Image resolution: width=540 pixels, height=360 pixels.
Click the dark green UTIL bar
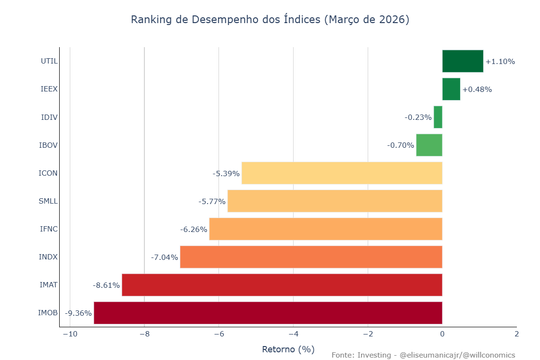coord(463,61)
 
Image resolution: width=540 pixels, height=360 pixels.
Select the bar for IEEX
coord(451,89)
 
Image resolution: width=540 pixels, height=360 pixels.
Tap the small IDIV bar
coord(438,117)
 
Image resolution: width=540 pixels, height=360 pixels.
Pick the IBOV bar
coord(429,145)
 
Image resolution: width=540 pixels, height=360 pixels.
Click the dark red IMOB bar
coord(268,313)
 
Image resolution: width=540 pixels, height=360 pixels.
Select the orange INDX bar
coord(311,257)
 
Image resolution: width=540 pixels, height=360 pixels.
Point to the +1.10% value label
coord(500,62)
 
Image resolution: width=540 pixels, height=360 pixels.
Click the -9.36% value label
coord(78,313)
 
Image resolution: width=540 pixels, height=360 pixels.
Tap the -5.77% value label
coord(212,201)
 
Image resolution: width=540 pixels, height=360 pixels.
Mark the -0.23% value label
coord(418,117)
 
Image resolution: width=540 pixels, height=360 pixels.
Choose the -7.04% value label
coord(164,257)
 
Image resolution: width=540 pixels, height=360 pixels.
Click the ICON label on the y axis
coord(48,173)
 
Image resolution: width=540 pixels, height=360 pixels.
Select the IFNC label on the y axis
coord(49,229)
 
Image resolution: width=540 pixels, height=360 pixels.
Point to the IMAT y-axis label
coord(49,285)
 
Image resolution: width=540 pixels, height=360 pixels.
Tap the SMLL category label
coord(48,201)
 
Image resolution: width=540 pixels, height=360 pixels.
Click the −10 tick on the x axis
coord(69,334)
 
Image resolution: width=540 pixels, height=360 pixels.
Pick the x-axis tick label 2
coord(516,334)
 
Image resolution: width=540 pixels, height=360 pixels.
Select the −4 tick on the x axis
coord(293,334)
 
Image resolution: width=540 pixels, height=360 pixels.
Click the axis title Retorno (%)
coord(288,349)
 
